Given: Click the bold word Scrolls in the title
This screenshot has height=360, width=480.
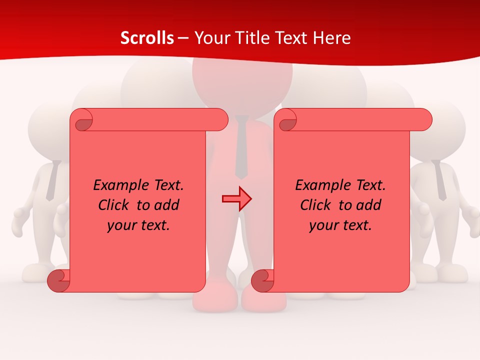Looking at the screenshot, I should point(147,38).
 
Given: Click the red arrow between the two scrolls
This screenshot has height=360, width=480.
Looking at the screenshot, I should point(236,199).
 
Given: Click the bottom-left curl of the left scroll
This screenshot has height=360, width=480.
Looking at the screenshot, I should point(59,280).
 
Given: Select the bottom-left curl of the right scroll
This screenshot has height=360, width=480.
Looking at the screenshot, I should point(262,280).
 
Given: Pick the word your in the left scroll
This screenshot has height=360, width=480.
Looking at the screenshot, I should point(120,225).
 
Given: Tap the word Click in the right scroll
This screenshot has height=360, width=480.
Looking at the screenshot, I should point(315,205).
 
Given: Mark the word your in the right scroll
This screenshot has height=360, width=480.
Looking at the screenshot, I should point(322,225).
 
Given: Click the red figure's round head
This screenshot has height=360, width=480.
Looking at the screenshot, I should point(242,80).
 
